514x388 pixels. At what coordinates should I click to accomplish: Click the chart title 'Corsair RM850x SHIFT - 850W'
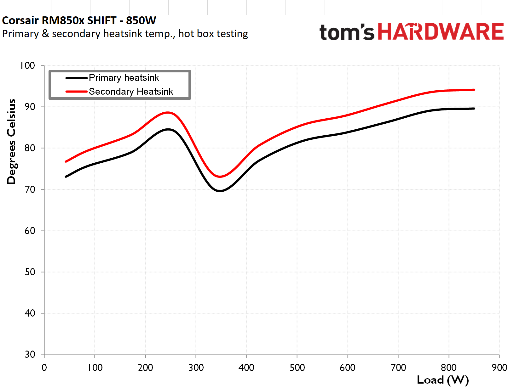[x=79, y=20]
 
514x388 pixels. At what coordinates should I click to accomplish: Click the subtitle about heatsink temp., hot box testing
[x=125, y=34]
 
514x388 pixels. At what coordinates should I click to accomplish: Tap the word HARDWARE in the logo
[x=441, y=32]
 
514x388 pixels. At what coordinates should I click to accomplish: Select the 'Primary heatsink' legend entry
[x=124, y=78]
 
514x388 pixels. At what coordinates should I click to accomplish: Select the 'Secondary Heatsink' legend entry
[x=131, y=92]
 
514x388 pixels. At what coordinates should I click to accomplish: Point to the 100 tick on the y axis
[x=28, y=65]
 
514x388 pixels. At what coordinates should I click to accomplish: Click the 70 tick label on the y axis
[x=30, y=189]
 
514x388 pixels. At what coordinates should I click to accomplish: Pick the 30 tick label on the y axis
[x=30, y=354]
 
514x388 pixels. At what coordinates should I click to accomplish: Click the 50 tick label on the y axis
[x=30, y=272]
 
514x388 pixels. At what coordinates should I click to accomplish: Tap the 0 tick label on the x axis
[x=44, y=368]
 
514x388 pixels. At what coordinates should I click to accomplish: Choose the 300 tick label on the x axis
[x=196, y=368]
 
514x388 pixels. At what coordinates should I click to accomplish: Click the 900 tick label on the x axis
[x=499, y=368]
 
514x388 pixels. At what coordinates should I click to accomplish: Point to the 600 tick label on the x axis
[x=348, y=368]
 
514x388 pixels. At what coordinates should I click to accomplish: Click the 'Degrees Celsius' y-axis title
[x=11, y=142]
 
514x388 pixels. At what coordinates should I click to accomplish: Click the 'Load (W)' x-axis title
[x=443, y=380]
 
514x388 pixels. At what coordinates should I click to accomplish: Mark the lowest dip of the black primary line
[x=220, y=191]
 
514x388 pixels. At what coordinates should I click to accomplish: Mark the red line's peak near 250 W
[x=168, y=112]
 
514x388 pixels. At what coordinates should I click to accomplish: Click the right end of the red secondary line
[x=474, y=90]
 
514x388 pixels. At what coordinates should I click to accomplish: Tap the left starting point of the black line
[x=66, y=177]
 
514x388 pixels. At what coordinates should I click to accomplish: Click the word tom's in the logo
[x=347, y=32]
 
